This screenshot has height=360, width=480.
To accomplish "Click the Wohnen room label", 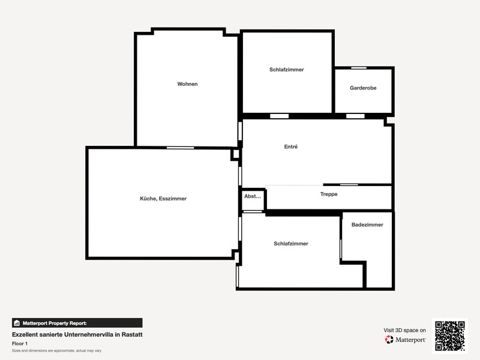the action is (x=187, y=84).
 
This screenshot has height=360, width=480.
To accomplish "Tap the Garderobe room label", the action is (x=363, y=88).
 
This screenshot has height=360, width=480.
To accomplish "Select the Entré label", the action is (x=291, y=146).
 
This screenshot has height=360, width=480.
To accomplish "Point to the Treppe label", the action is (x=329, y=194).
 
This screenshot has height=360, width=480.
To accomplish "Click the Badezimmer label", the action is (x=367, y=224).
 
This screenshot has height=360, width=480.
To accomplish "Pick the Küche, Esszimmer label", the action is (x=163, y=199).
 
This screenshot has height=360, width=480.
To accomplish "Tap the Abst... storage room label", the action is (x=253, y=196).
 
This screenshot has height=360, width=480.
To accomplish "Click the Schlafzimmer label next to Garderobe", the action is (x=287, y=70).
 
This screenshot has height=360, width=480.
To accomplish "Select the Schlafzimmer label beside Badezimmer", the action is (x=291, y=244).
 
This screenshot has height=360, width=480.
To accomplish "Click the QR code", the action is (x=450, y=336).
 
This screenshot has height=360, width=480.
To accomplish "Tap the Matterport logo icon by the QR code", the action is (x=389, y=340).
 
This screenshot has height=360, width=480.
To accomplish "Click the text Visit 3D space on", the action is (x=404, y=331).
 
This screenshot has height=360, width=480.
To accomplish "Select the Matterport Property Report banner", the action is (x=77, y=323).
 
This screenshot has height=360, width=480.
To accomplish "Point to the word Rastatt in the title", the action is (x=132, y=335).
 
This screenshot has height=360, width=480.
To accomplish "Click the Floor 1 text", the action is (x=20, y=343).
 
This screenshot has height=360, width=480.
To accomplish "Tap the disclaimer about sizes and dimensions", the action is (x=56, y=351).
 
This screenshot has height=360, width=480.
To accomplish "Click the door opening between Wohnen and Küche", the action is (x=181, y=148).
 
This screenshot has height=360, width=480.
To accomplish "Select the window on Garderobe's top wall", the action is (x=359, y=68).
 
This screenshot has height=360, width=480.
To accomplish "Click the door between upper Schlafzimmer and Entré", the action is (x=279, y=116).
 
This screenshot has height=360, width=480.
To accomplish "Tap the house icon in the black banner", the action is (x=17, y=323).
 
